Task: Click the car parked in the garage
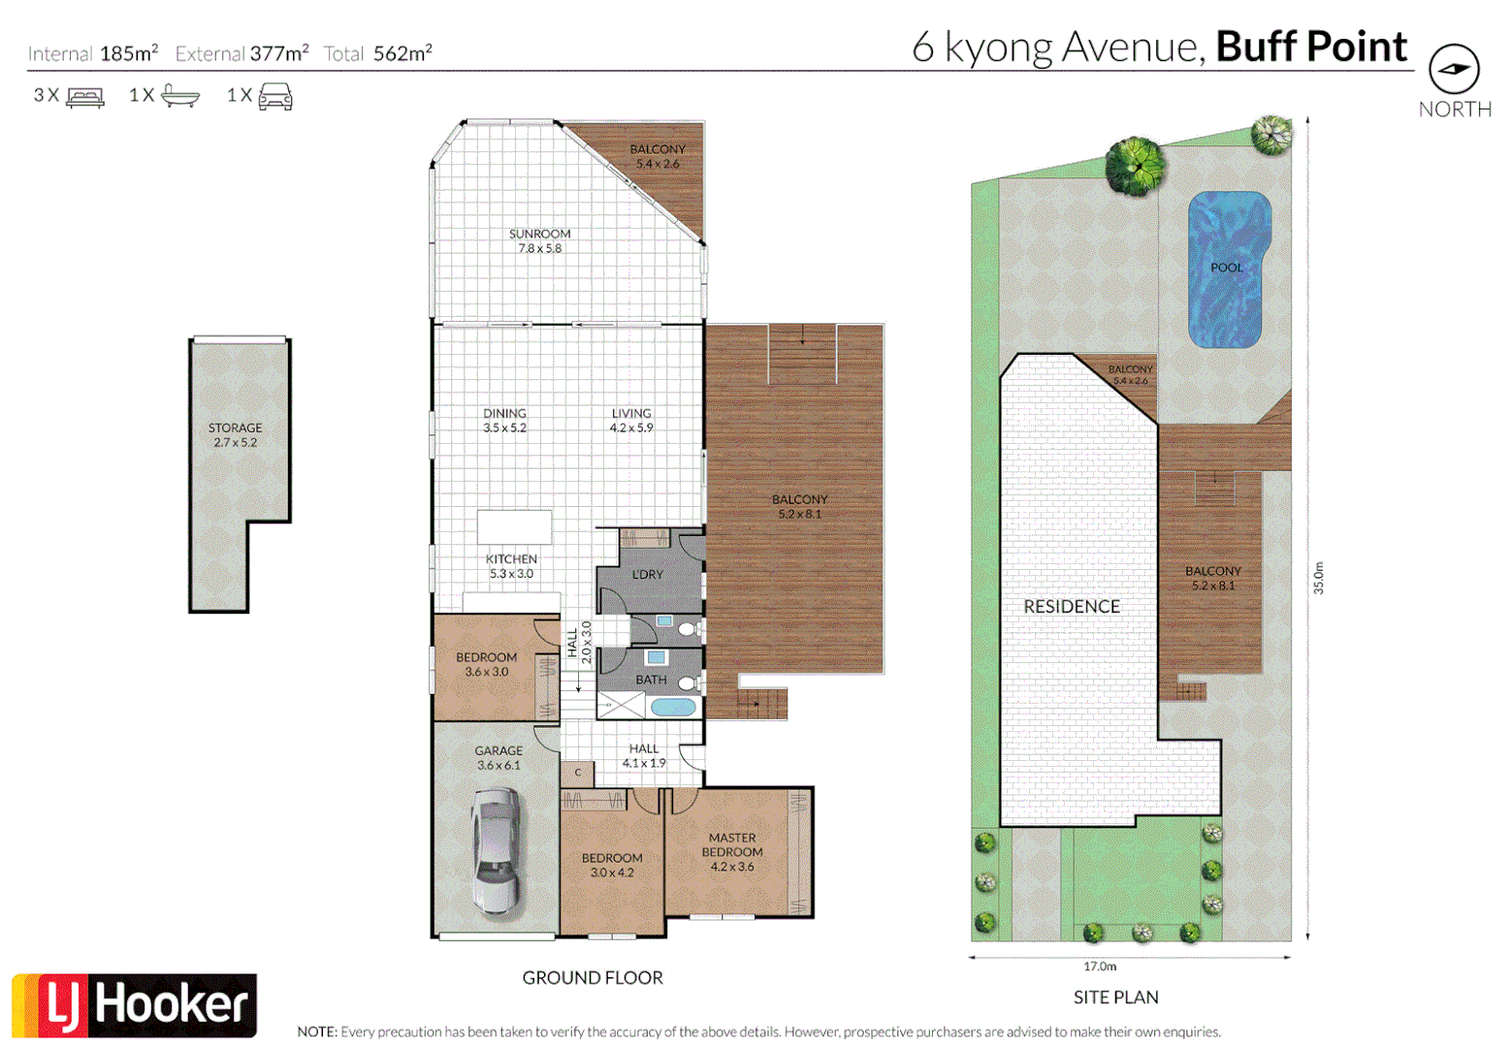[x=496, y=850]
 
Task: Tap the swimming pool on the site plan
[x=1228, y=269]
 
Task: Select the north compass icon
[x=1454, y=69]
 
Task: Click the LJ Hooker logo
[x=135, y=1004]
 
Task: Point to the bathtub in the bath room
[x=672, y=707]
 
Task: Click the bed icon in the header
[x=84, y=96]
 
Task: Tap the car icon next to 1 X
[x=275, y=96]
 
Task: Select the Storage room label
[x=236, y=434]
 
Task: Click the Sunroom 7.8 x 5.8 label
[x=539, y=240]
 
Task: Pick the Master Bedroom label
[x=732, y=851]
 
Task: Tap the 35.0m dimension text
[x=1318, y=578]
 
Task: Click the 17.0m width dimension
[x=1100, y=966]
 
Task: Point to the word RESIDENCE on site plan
[x=1072, y=606]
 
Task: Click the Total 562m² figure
[x=378, y=53]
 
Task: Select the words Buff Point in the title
[x=1310, y=47]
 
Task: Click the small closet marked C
[x=578, y=773]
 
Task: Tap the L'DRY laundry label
[x=648, y=574]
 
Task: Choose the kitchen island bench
[x=514, y=527]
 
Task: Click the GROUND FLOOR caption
[x=593, y=977]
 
